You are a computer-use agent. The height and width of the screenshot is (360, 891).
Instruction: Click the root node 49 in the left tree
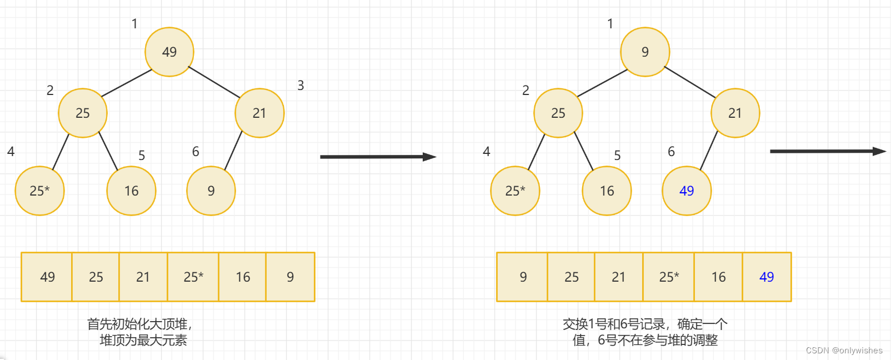(x=169, y=52)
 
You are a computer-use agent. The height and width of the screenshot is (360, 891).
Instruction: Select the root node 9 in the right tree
(x=645, y=52)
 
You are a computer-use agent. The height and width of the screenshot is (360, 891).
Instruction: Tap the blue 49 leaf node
(x=687, y=191)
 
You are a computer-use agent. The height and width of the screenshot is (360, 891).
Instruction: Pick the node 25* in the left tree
(x=39, y=191)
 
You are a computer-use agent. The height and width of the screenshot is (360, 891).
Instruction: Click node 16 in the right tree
(x=607, y=191)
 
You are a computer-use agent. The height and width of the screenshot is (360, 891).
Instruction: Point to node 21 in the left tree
(x=259, y=113)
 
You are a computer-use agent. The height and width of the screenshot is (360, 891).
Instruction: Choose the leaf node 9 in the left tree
(x=211, y=191)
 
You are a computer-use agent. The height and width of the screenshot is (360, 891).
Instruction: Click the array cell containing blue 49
(x=767, y=277)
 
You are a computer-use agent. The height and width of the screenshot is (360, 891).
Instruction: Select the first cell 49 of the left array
(x=47, y=277)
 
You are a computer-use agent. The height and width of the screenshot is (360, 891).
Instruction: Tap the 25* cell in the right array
(x=669, y=277)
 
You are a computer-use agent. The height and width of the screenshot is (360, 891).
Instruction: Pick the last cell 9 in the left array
(x=290, y=277)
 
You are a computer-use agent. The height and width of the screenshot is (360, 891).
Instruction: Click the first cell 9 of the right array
(x=523, y=277)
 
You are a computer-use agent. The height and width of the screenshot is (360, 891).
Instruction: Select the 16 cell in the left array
(x=243, y=277)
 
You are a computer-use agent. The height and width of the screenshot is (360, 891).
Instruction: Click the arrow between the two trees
(x=378, y=157)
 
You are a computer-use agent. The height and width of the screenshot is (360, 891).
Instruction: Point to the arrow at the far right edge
(x=828, y=151)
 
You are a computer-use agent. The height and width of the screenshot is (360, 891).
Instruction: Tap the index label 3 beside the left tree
(x=301, y=86)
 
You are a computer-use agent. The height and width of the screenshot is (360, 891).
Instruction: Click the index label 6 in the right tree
(x=671, y=152)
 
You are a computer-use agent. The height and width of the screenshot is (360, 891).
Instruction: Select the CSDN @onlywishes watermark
(x=844, y=351)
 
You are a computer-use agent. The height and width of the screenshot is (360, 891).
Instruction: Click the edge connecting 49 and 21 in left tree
(x=214, y=82)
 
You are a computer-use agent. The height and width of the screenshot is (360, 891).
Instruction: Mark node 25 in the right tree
(x=558, y=113)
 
